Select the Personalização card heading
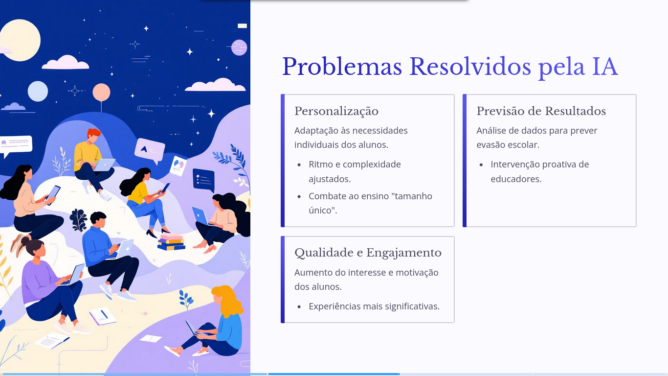(336, 111)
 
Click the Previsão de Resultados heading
(541, 111)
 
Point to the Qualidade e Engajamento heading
(368, 253)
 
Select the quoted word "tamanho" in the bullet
(416, 196)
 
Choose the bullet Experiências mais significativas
(374, 306)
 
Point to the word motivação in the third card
(416, 272)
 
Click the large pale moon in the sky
(20, 40)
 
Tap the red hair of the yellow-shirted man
(93, 132)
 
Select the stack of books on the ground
(171, 242)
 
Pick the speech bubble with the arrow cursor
(149, 149)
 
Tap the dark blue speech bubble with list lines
(203, 179)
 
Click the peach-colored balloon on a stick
(101, 92)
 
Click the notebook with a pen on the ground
(103, 316)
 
